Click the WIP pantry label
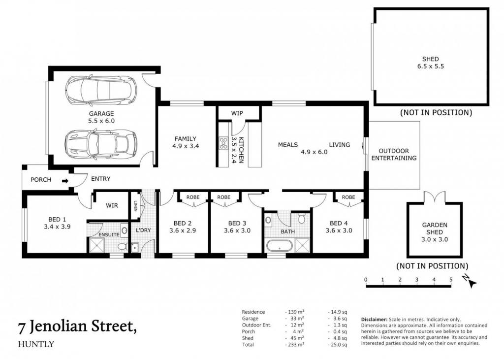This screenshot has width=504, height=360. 237,113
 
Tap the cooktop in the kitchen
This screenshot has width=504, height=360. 223,143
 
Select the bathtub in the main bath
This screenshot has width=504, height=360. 279,246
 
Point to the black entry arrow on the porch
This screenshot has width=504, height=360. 65,181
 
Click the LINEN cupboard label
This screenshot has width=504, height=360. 135,206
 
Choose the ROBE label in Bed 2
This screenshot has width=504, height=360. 193,197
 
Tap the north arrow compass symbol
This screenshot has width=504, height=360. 470,281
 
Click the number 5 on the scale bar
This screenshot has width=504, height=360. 451,280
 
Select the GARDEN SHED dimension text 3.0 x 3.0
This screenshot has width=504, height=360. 435,239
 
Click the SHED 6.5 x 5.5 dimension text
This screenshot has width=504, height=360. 430,66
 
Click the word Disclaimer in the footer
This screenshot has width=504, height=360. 374,320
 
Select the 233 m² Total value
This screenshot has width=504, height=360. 294,345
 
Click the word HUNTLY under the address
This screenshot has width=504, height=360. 36,344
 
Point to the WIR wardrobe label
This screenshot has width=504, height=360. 112,205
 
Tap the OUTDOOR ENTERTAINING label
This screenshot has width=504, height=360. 394,155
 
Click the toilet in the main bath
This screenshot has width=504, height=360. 301,219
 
